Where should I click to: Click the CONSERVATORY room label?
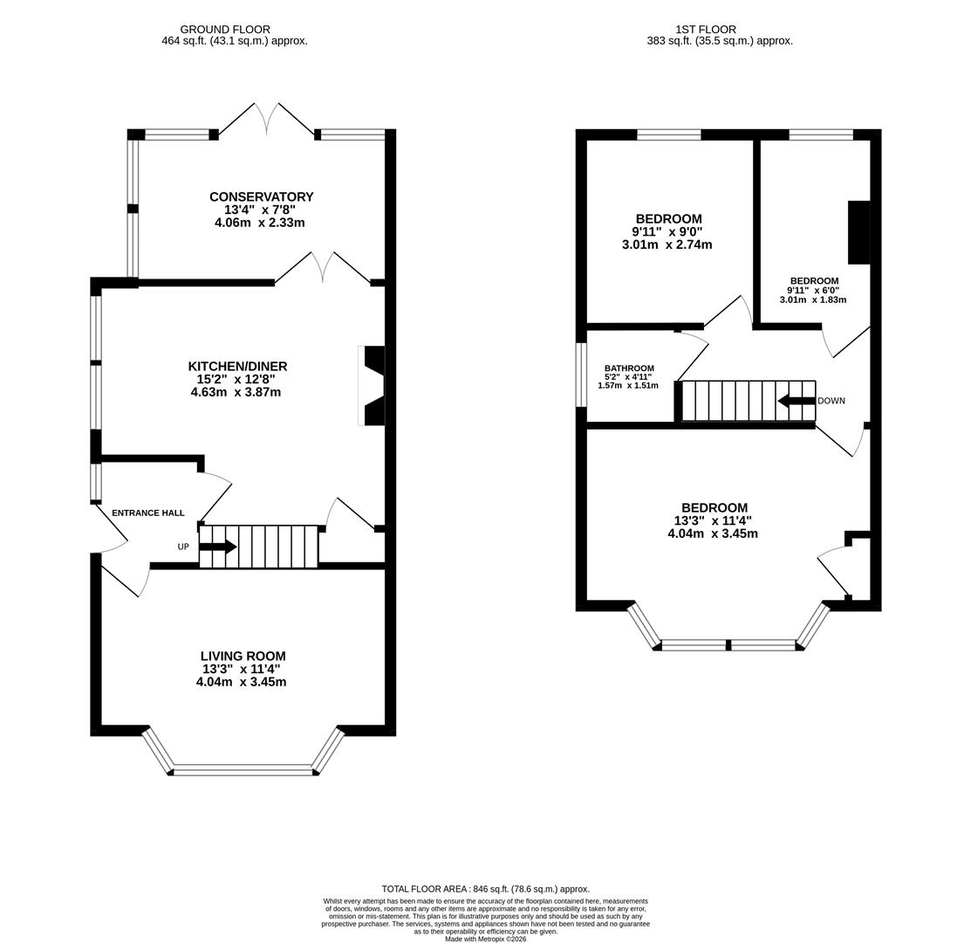point(261,196)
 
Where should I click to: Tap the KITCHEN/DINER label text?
point(237,366)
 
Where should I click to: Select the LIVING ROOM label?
point(243,656)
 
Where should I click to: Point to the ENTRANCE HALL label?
point(147,513)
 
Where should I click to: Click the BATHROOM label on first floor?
point(629,368)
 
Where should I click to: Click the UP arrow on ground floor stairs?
point(217,547)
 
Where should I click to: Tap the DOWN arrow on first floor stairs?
point(796,401)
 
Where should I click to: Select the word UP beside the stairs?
point(183,547)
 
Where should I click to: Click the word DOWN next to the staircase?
point(831,401)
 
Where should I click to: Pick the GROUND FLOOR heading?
point(225,30)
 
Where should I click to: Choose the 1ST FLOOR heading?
point(705,30)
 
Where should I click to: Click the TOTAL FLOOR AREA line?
point(485,889)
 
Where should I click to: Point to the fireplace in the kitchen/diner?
point(373,385)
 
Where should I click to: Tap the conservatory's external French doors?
point(266,120)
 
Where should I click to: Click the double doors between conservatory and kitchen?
point(323,268)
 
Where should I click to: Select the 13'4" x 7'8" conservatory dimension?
point(260,210)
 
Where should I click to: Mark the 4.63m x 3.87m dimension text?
point(236,392)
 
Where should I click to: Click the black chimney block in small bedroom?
point(858,232)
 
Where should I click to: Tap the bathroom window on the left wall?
point(581,375)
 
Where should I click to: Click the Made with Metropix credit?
point(485,939)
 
